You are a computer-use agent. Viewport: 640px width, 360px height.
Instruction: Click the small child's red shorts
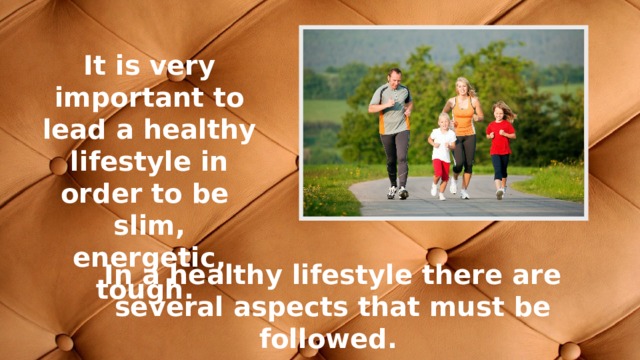click(441, 168)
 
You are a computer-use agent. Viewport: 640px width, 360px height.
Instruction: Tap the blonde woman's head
click(461, 86)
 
